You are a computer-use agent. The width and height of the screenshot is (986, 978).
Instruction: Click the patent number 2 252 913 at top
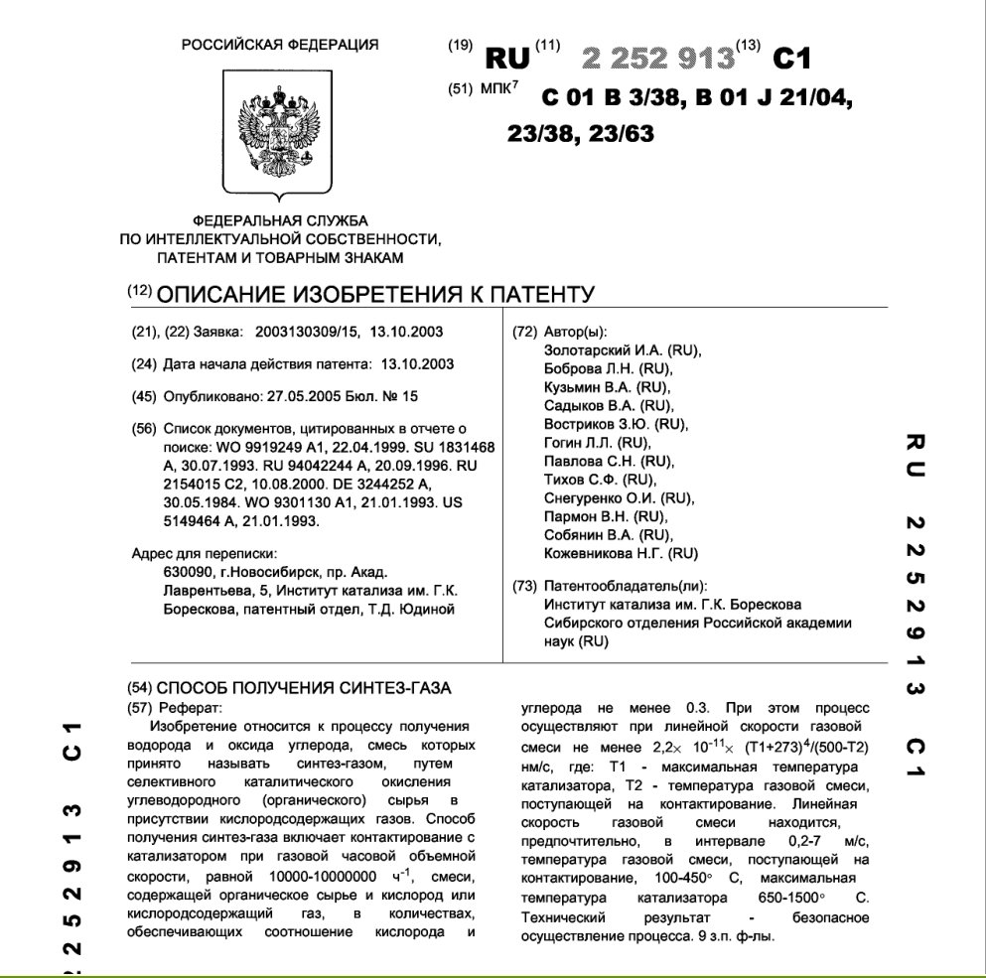[x=658, y=59]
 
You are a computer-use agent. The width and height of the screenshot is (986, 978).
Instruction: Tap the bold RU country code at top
[x=506, y=59]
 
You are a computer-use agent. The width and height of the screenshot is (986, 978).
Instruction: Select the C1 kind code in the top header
[x=791, y=59]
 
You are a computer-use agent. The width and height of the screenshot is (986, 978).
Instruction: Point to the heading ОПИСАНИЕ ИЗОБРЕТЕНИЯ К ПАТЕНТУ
[x=375, y=294]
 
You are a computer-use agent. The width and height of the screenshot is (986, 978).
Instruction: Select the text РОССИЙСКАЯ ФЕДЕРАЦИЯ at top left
[x=280, y=45]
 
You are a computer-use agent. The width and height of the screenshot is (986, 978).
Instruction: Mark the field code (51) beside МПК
[x=460, y=88]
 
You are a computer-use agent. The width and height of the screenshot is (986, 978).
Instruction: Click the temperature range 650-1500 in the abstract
[x=776, y=897]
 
